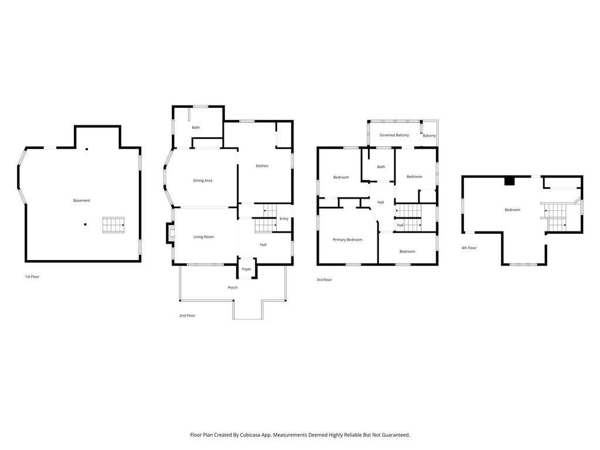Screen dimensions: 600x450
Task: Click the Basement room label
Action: pyautogui.click(x=81, y=200)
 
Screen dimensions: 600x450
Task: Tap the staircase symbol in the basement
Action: pyautogui.click(x=113, y=225)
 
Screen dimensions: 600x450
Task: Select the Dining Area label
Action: pyautogui.click(x=202, y=180)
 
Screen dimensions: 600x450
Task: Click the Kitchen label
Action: pyautogui.click(x=262, y=166)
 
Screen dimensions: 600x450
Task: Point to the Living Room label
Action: pyautogui.click(x=203, y=237)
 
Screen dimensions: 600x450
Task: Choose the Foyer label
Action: pyautogui.click(x=247, y=269)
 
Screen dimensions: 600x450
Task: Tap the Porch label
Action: pyautogui.click(x=233, y=287)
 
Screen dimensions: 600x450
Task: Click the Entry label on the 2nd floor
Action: pyautogui.click(x=284, y=219)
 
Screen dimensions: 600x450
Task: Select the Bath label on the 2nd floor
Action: pyautogui.click(x=196, y=127)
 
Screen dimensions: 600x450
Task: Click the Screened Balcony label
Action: pyautogui.click(x=394, y=135)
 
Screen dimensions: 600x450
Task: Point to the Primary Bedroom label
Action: pyautogui.click(x=347, y=240)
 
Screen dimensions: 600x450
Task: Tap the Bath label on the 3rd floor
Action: pyautogui.click(x=381, y=167)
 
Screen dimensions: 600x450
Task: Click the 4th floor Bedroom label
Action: pyautogui.click(x=512, y=210)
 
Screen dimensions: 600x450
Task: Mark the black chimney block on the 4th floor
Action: pyautogui.click(x=509, y=181)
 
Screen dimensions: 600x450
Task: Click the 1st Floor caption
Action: pyautogui.click(x=32, y=277)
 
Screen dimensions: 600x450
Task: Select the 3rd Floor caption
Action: pyautogui.click(x=324, y=279)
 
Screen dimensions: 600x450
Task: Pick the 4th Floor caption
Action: pyautogui.click(x=469, y=248)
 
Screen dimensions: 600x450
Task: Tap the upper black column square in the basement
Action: pyautogui.click(x=87, y=149)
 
